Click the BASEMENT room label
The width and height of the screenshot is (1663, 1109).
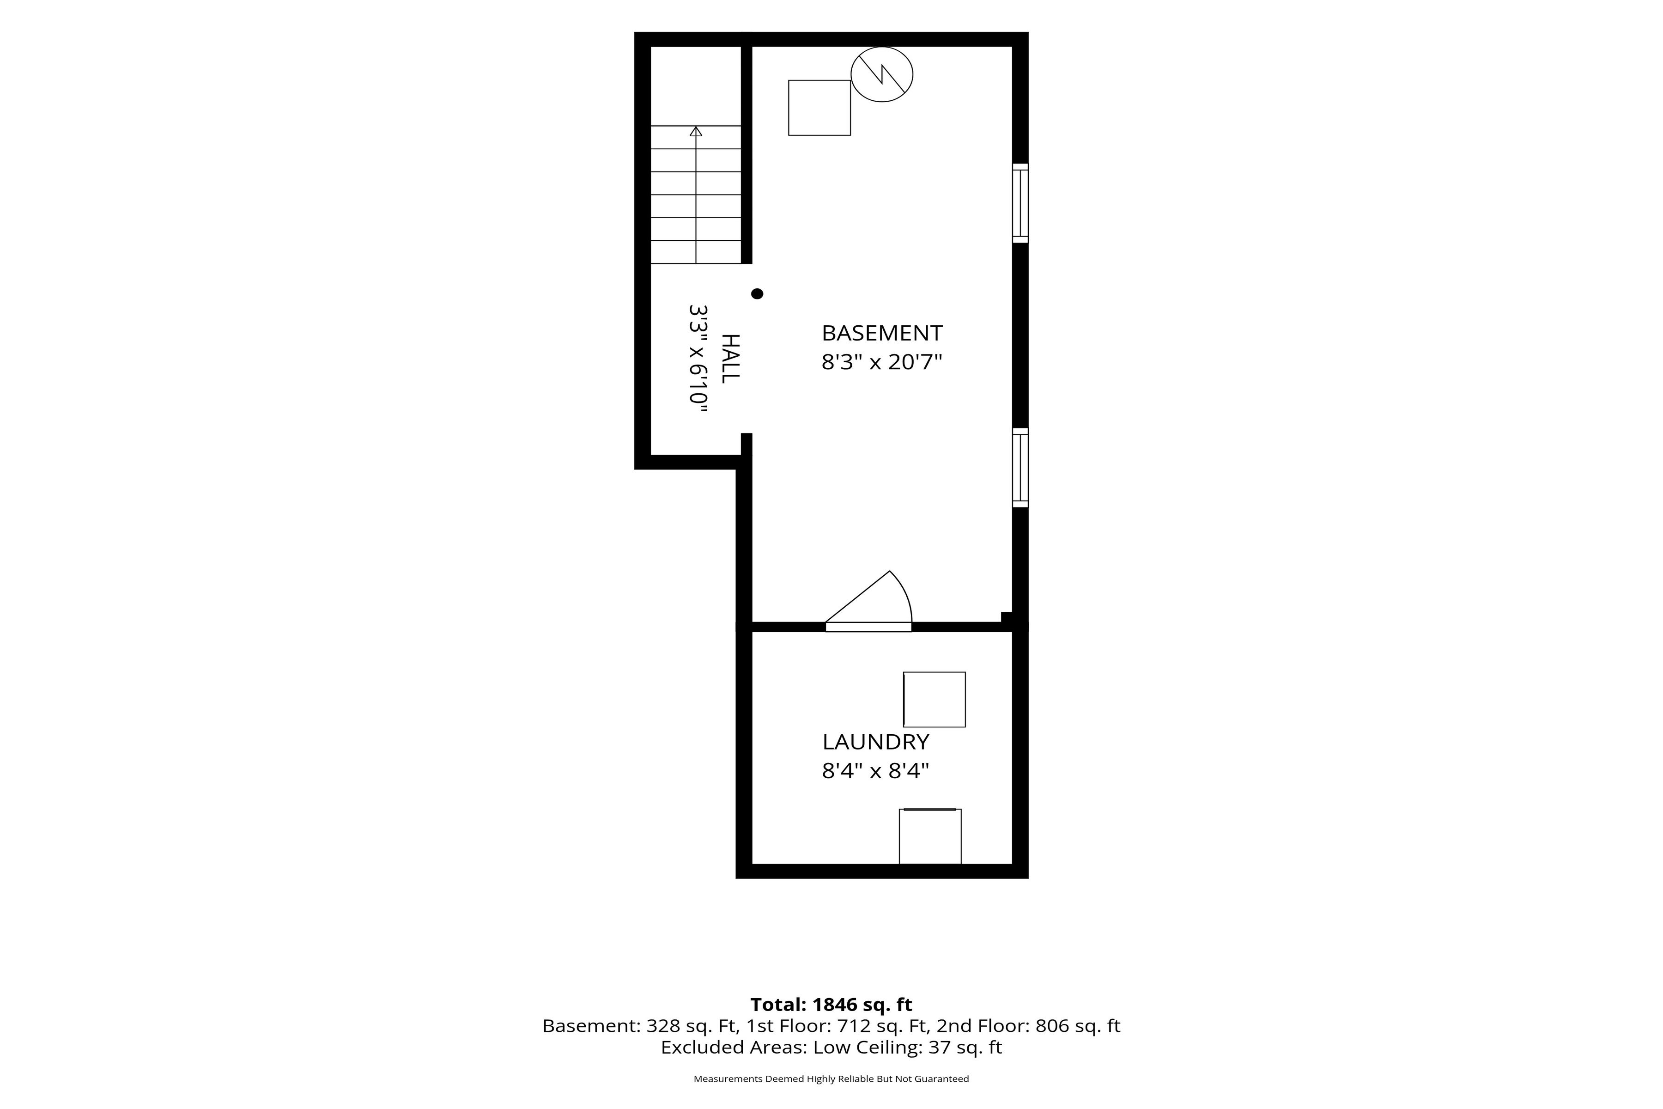(x=882, y=333)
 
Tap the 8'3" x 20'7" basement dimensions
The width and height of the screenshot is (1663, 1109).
(x=882, y=362)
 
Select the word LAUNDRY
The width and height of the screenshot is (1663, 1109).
(x=875, y=742)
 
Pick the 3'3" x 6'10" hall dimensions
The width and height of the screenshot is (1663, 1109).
(x=698, y=359)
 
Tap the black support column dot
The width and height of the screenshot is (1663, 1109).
(x=757, y=293)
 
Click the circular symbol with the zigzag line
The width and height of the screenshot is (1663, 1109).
(x=882, y=74)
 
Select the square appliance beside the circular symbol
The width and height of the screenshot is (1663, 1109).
(x=819, y=108)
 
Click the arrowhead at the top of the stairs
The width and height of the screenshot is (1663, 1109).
(x=696, y=131)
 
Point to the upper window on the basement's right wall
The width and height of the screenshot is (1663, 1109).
(x=1020, y=203)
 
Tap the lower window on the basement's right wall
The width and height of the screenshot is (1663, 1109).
(x=1020, y=468)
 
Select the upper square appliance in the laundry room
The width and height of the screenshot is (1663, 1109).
(x=935, y=700)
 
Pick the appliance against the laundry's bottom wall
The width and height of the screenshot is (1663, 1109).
(x=930, y=837)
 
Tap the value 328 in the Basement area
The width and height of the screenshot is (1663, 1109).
(x=662, y=1026)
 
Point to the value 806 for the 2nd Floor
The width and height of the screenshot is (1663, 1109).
(x=1051, y=1026)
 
